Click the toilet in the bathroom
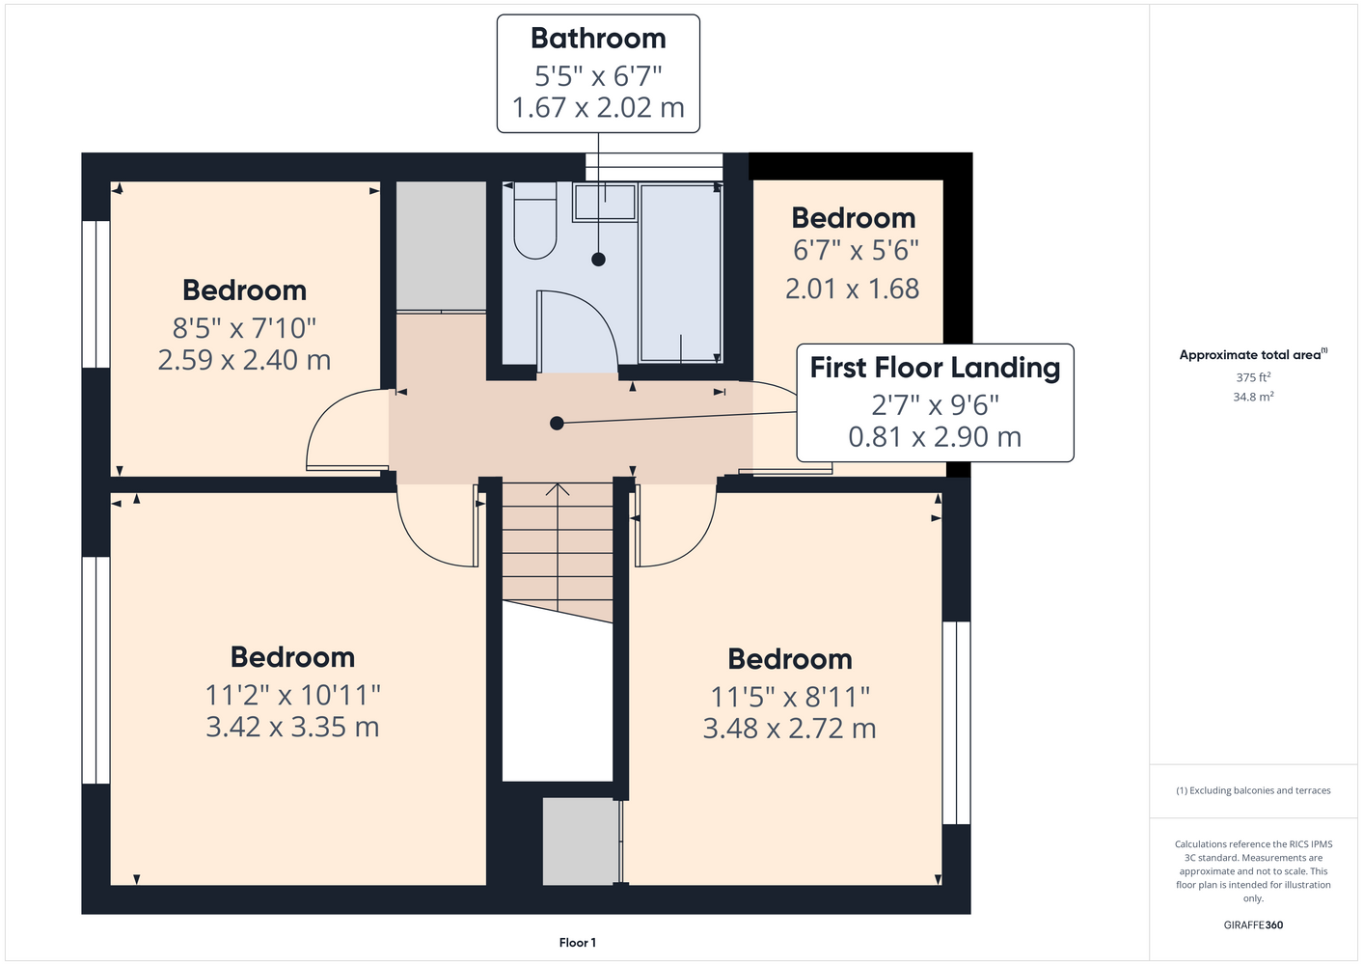click(534, 220)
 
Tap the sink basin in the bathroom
click(604, 202)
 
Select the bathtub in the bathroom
click(681, 273)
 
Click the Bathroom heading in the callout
click(598, 39)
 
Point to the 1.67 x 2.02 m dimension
click(598, 108)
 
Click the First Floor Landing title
click(935, 368)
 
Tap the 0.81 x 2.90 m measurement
click(935, 437)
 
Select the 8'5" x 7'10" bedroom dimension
click(244, 329)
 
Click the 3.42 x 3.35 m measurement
click(292, 727)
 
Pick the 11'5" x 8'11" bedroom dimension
click(790, 697)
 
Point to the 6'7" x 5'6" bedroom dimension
click(855, 250)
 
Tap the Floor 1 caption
click(578, 943)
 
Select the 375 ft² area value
click(1253, 377)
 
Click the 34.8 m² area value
click(1253, 397)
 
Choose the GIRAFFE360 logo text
click(1253, 924)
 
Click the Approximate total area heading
click(1253, 354)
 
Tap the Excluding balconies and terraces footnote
click(1253, 790)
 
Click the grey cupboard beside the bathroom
click(441, 246)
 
